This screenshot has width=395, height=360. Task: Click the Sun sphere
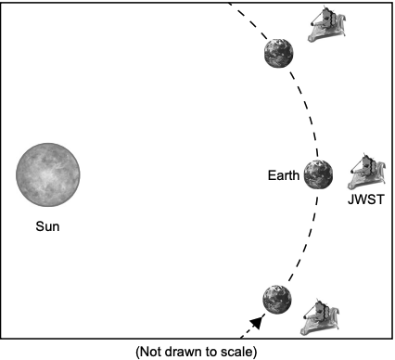[x=48, y=174]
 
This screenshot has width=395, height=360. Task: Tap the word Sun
[x=47, y=226]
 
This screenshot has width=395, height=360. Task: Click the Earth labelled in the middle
[x=318, y=174]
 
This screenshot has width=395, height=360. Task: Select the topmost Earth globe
[x=279, y=53]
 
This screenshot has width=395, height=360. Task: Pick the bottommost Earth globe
[x=277, y=300]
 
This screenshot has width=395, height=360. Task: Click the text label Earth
[x=284, y=175]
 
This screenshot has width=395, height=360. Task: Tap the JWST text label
[x=366, y=199]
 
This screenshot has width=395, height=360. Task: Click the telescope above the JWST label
[x=367, y=172]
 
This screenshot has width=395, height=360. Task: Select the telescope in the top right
[x=327, y=24]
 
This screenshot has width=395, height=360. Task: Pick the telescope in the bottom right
[x=320, y=317]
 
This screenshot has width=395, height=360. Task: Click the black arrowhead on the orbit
[x=257, y=323]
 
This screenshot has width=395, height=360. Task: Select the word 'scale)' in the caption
[x=239, y=352]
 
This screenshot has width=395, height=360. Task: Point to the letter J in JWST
[x=350, y=199]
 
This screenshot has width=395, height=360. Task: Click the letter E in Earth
[x=272, y=175]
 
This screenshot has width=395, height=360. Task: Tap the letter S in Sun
[x=40, y=226]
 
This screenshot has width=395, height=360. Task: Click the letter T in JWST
[x=380, y=199]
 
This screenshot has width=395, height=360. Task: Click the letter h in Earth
[x=297, y=175]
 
